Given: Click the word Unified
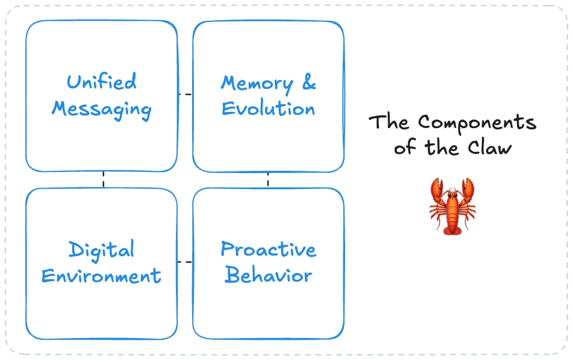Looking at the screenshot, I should point(102,82).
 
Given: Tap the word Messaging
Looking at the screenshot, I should point(102,110).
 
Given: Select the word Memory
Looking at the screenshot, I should point(256,83).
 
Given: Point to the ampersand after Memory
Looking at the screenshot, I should point(309,83).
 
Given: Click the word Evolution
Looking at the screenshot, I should point(268,109).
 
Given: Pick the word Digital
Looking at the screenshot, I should point(102,250).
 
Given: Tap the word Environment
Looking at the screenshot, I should point(102,276).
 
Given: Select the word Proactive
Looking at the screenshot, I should point(268,249).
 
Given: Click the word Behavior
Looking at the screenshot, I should point(268,275).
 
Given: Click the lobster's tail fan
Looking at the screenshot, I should point(452,230).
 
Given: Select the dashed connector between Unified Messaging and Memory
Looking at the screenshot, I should point(185,93).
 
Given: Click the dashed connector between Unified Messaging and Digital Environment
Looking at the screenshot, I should point(103,179).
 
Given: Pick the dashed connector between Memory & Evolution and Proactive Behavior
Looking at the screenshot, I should point(268,179).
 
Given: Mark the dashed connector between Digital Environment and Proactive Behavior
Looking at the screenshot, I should point(185,262).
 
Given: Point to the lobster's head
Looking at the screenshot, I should point(452,199).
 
